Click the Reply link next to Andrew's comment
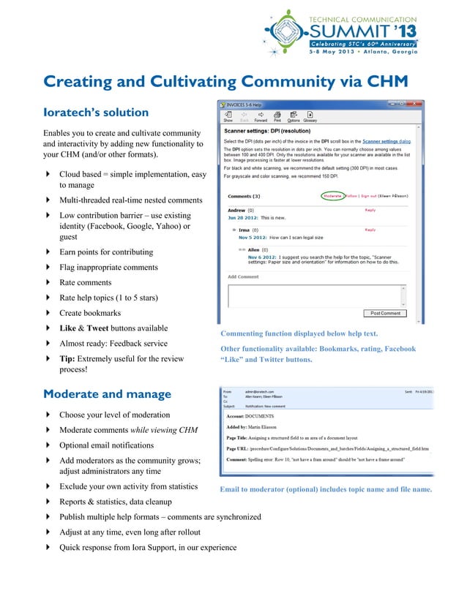370,210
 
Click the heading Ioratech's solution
96,113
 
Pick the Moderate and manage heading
107,394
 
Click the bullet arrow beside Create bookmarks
48,313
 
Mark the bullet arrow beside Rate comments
48,282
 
